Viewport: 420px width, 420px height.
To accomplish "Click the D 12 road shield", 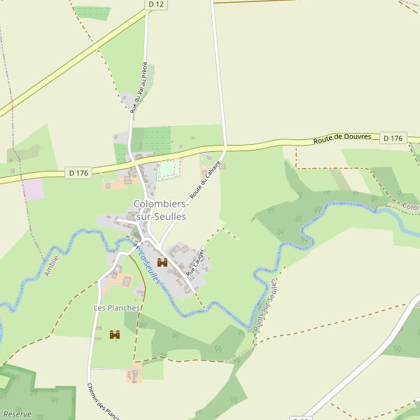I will pos(157,4).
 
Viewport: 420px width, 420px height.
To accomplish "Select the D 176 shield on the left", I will pos(78,173).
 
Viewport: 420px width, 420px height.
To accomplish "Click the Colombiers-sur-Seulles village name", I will pos(160,211).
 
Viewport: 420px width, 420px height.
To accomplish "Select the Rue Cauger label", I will pos(195,260).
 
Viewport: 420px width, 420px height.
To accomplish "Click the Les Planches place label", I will pos(117,308).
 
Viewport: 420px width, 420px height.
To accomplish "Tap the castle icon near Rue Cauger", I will pos(162,262).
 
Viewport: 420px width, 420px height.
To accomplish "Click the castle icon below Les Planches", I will pos(115,335).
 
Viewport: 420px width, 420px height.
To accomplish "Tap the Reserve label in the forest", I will pos(17,414).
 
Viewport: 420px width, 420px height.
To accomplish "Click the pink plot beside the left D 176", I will pos(32,189).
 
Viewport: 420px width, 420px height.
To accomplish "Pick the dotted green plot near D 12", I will pos(92,13).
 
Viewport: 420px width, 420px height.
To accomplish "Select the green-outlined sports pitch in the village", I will pos(168,170).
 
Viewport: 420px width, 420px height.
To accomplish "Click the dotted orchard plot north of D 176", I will pos(156,140).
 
